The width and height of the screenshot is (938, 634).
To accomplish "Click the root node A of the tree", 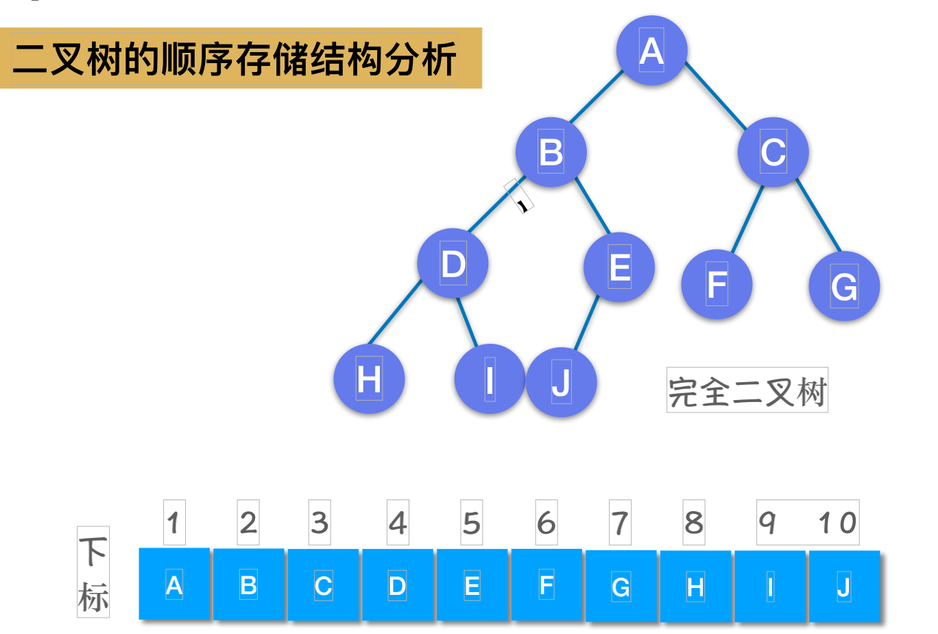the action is [651, 51].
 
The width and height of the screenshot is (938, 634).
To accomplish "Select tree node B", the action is [551, 152].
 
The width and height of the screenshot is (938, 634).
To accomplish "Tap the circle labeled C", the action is [773, 152].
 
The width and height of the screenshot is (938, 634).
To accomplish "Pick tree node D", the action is [453, 263].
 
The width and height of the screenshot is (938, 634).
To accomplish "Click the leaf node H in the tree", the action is [369, 379].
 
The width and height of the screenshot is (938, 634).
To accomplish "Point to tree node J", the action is [562, 382].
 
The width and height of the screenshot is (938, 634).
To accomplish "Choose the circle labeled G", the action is [844, 286].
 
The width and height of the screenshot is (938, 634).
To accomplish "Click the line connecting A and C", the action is [715, 95].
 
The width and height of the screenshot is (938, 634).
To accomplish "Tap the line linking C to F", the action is [747, 218].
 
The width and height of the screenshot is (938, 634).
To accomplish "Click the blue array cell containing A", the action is [174, 585].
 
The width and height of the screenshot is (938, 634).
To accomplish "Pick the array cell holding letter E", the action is [472, 586].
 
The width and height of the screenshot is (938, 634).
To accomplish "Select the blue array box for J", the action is [844, 587].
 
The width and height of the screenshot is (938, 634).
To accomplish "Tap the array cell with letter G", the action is [621, 587].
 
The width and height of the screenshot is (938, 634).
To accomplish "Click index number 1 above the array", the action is [174, 523].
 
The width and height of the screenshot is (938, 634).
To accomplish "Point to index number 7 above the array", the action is [621, 523].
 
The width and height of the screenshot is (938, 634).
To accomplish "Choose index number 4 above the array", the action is [398, 523].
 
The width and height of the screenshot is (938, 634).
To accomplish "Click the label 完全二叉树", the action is [747, 390].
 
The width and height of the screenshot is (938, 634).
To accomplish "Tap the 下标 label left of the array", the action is [93, 572].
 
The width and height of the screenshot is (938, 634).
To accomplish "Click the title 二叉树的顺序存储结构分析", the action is [235, 58].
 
